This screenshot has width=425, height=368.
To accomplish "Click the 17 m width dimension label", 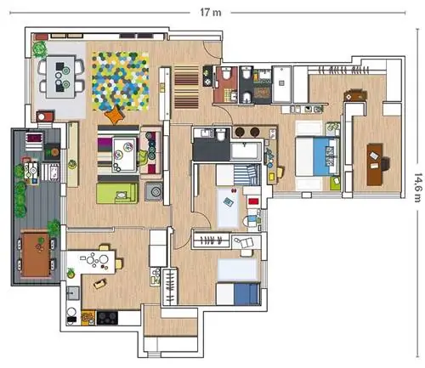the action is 211,12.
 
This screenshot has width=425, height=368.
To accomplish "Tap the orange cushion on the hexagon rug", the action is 116,114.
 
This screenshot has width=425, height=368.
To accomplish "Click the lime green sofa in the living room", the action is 117,193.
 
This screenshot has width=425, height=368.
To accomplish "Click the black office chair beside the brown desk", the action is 385,164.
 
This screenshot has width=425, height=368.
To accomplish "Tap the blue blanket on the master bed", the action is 326,156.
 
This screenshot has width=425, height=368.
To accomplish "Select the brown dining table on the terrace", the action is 36,254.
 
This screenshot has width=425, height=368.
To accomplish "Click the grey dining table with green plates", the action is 61,76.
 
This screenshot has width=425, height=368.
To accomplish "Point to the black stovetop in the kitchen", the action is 107,318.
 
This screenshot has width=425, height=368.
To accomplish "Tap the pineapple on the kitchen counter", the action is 71,273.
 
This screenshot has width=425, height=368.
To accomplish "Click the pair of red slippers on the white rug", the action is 235,190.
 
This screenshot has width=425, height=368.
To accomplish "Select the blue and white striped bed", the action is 238,175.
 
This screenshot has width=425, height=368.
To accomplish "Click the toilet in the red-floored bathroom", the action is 226,73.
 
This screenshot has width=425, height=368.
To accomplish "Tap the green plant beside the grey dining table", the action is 39,48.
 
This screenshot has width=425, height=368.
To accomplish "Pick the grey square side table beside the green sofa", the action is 154,191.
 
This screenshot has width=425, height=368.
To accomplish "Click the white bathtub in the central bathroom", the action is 246,150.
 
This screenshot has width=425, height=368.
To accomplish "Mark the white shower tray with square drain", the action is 281,84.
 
